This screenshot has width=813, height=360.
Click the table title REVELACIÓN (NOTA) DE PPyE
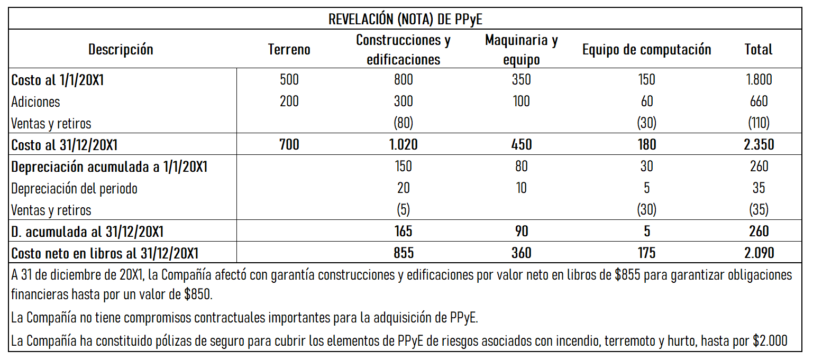(405, 20)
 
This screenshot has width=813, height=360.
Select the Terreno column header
(289, 50)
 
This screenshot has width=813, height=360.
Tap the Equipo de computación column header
(646, 50)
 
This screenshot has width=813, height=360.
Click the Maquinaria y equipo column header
(521, 50)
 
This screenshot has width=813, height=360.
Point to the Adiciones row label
(35, 101)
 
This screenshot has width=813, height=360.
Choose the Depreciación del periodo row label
(74, 188)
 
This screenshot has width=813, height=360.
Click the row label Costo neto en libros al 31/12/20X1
(105, 253)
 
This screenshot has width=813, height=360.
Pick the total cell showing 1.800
(759, 80)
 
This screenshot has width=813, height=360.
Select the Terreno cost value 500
(289, 80)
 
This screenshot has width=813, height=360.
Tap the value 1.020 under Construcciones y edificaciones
(403, 145)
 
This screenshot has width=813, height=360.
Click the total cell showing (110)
(759, 123)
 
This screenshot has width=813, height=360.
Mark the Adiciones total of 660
(759, 101)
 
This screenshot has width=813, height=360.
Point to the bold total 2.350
(759, 145)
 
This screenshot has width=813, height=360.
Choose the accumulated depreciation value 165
(403, 232)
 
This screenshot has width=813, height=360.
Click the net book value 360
(521, 253)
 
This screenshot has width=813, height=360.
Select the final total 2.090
(759, 253)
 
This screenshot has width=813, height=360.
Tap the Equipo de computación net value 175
(646, 253)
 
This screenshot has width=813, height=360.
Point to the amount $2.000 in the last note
(770, 341)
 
